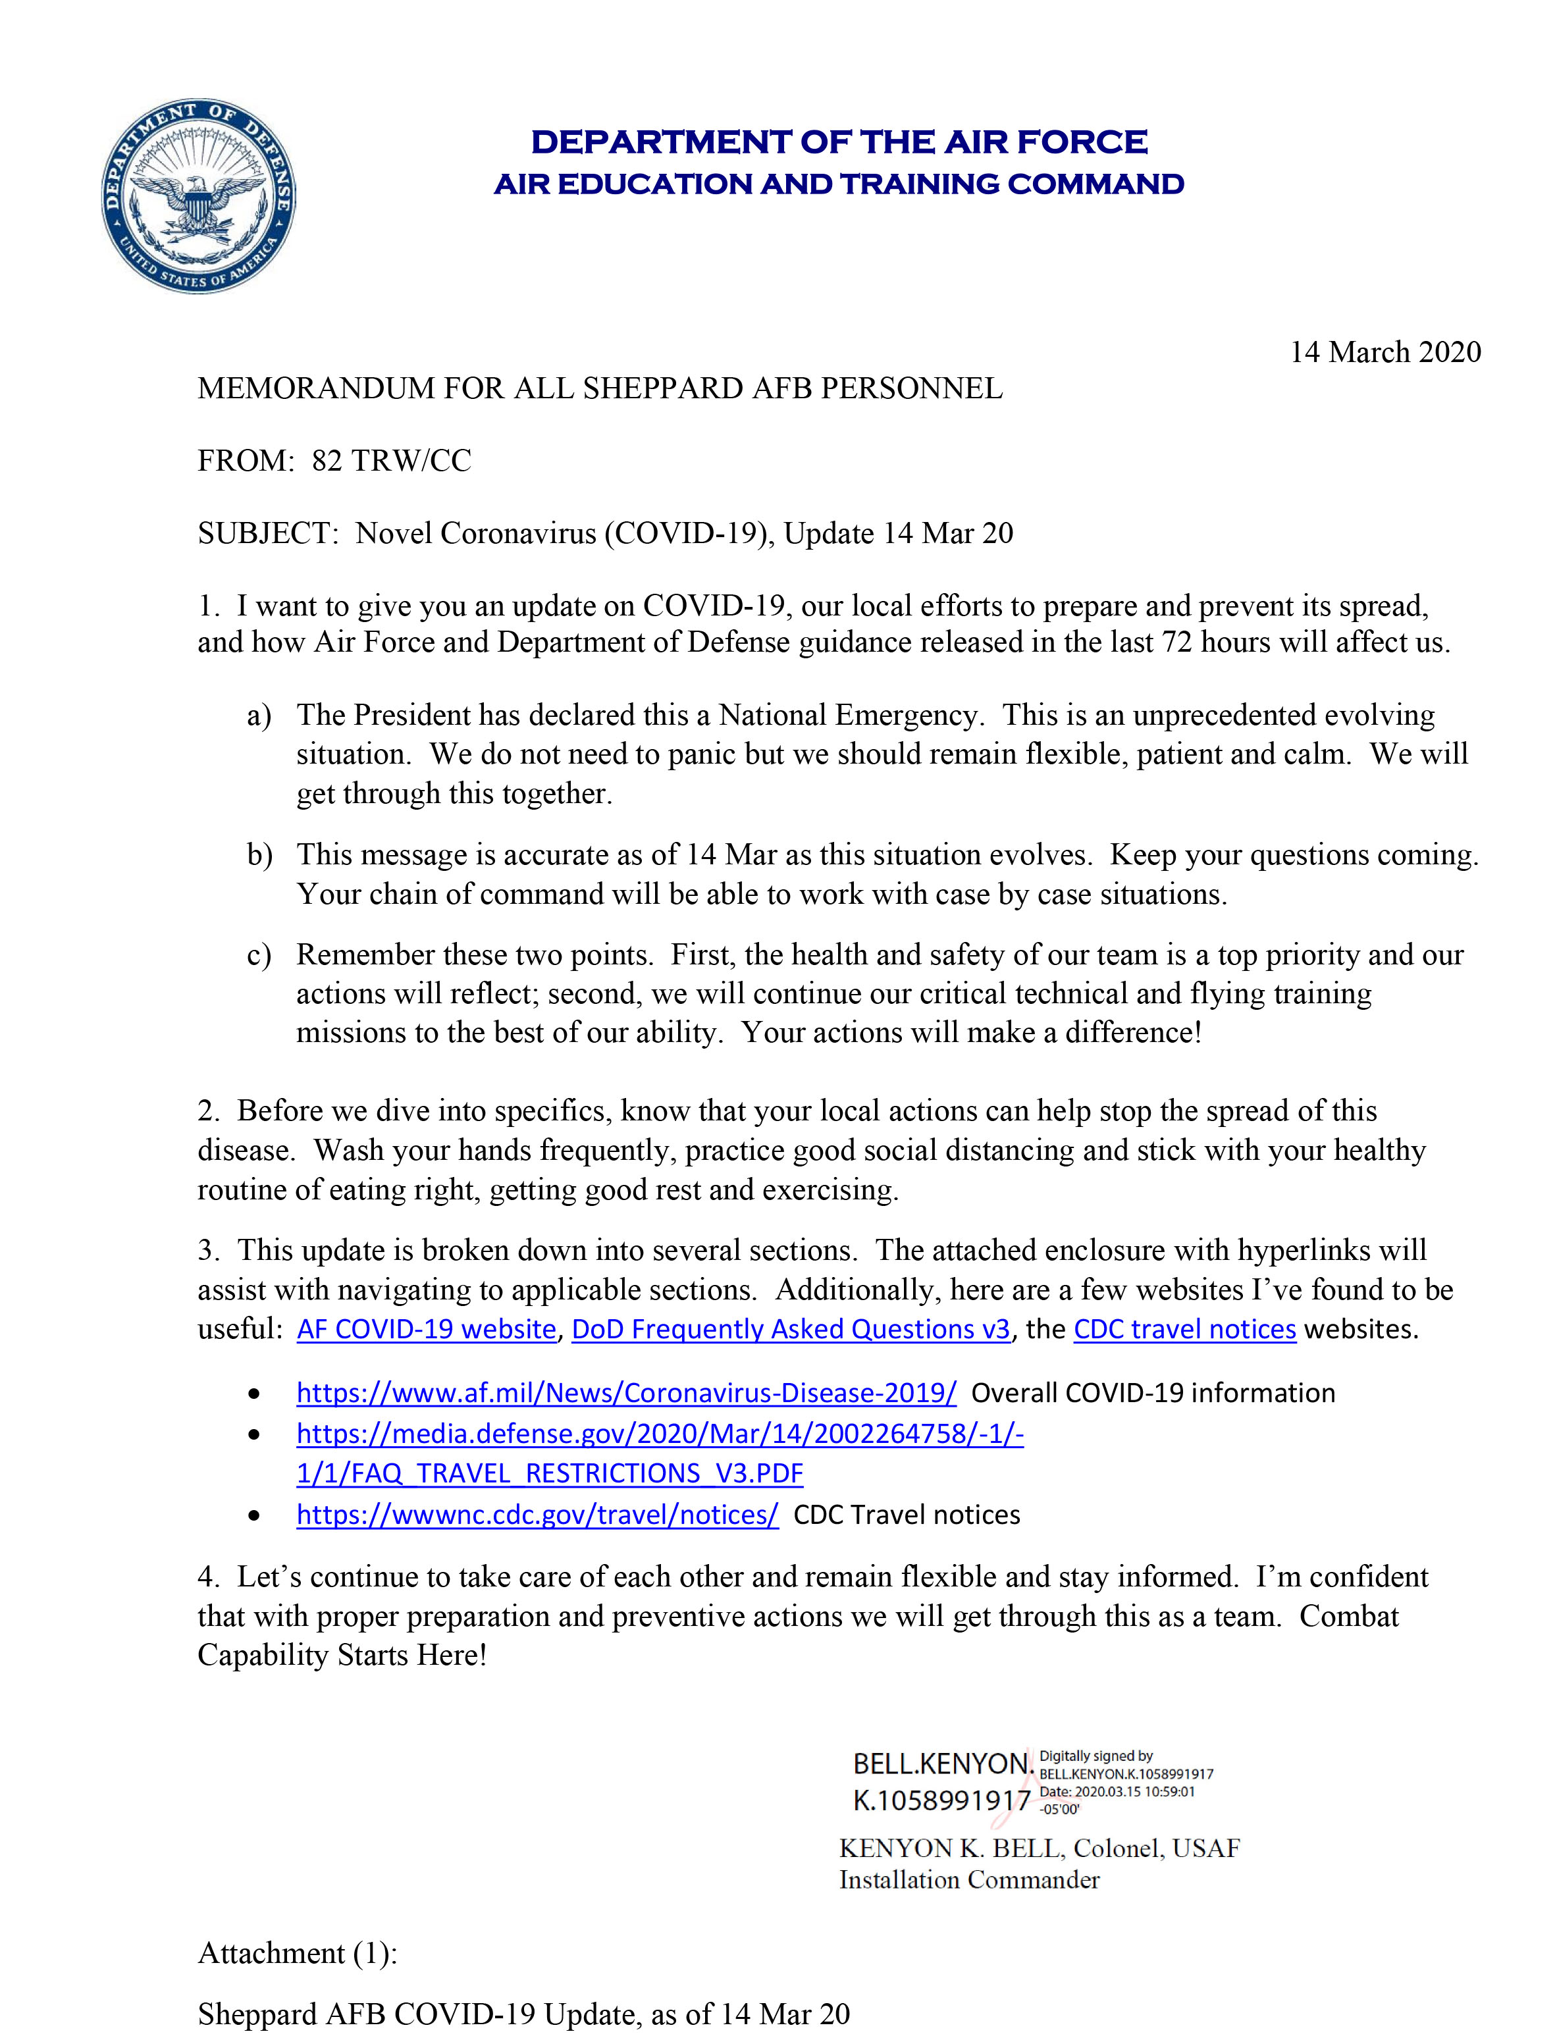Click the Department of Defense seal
coord(198,196)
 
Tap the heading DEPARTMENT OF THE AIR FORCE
coord(839,142)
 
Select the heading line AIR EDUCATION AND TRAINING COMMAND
coord(839,184)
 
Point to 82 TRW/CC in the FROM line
coord(391,460)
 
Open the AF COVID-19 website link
coord(427,1330)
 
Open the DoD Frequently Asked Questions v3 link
coord(791,1330)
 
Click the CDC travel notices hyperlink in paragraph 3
coord(1184,1330)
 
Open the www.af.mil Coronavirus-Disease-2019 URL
coord(627,1394)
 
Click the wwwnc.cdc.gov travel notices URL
coord(537,1515)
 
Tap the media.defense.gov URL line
coord(660,1434)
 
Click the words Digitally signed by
coord(1095,1756)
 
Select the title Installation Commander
coord(968,1880)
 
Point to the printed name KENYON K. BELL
coord(952,1848)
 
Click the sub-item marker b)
coord(259,854)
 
